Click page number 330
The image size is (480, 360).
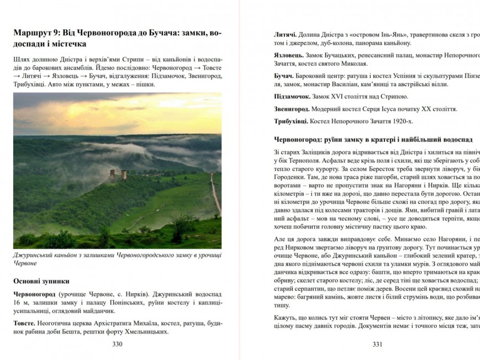tap(117, 345)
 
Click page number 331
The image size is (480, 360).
tap(377, 345)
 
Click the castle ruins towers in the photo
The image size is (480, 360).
tap(118, 174)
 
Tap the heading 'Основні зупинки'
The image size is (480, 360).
tap(39, 280)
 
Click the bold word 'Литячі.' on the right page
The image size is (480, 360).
tap(286, 34)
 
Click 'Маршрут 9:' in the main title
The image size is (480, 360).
tap(36, 33)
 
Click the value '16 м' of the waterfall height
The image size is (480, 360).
tap(20, 303)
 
